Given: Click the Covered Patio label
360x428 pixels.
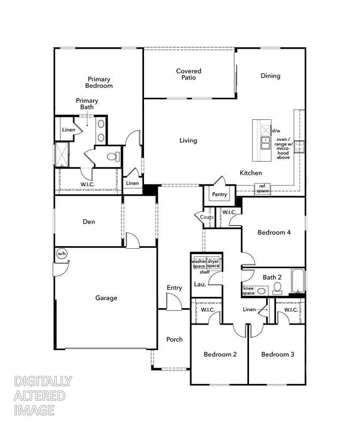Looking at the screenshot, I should [x=188, y=74].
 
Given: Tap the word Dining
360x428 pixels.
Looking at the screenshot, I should [x=270, y=76].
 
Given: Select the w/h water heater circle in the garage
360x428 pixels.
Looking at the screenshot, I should [x=61, y=253].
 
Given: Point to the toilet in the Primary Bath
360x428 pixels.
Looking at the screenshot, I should [x=113, y=157].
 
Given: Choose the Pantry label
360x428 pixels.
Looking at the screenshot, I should [x=219, y=194].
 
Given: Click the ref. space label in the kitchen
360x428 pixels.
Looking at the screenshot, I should [x=262, y=189].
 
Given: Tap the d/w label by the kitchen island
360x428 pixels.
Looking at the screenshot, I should [x=276, y=130].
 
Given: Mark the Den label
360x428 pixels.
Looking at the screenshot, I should [x=88, y=222].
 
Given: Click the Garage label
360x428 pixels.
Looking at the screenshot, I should [x=106, y=298].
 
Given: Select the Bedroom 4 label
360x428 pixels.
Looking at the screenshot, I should [x=274, y=232].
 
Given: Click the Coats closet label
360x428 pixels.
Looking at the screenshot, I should [x=206, y=217].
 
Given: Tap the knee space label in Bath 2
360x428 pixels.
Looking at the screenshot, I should [x=248, y=291].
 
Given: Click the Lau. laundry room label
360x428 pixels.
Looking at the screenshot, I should [x=199, y=285].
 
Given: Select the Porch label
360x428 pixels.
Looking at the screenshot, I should [x=174, y=339].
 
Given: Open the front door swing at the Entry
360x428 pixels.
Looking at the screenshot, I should [x=174, y=302].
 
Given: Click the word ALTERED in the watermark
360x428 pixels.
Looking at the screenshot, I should [x=39, y=396].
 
